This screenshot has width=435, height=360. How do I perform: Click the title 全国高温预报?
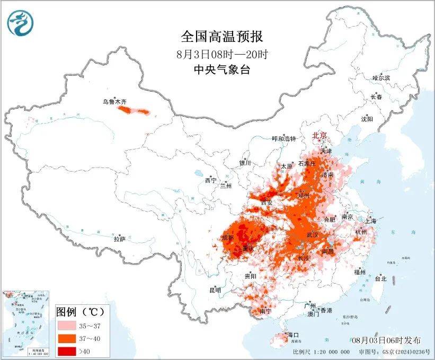[221, 37]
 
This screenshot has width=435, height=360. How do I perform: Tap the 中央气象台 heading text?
[221, 69]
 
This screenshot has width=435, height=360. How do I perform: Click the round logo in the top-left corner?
[20, 23]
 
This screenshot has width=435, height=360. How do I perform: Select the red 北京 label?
[320, 135]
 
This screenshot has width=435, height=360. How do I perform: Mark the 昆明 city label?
[215, 290]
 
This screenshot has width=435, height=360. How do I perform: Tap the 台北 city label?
[380, 278]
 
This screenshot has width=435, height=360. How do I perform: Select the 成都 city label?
[228, 238]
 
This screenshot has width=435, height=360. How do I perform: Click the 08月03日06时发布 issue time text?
[386, 340]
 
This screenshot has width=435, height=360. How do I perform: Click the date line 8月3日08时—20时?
[221, 54]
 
